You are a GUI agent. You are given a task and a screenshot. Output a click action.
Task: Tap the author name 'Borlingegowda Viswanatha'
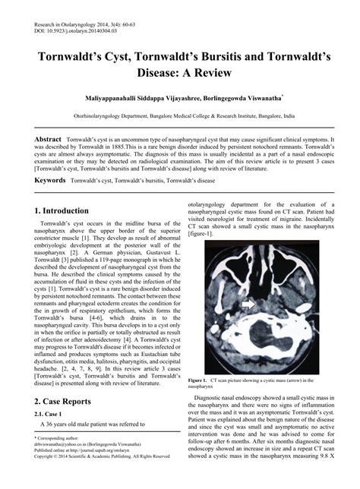click(239, 99)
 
